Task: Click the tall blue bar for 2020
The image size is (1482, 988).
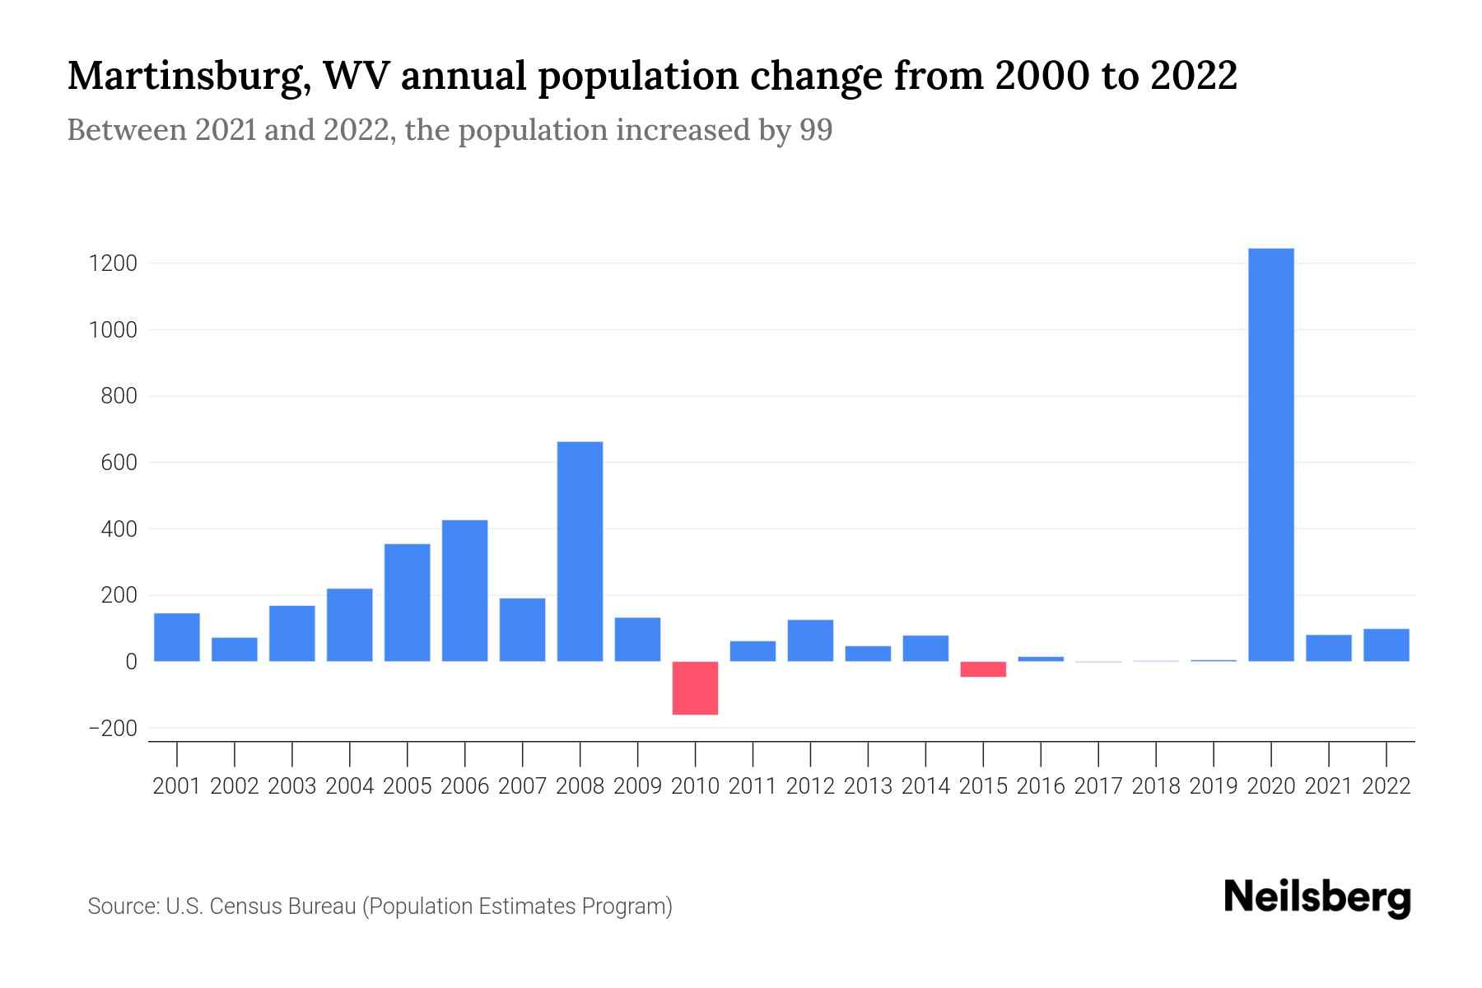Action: point(1270,454)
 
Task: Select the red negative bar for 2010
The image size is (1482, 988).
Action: point(695,687)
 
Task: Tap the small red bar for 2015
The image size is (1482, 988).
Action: point(983,669)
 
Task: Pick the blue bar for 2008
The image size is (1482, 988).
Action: point(580,552)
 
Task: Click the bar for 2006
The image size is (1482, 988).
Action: point(464,590)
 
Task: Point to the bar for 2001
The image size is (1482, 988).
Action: point(177,637)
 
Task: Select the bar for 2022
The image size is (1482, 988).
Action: point(1386,645)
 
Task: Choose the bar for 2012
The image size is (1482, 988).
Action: point(810,641)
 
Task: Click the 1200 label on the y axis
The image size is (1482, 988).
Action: point(114,263)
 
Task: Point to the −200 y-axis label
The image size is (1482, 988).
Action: point(114,729)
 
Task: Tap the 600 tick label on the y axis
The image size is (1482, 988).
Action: point(119,463)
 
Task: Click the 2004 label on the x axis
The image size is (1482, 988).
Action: point(349,786)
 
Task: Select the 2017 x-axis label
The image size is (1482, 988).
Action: point(1098,786)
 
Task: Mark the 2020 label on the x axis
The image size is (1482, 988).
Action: point(1271,786)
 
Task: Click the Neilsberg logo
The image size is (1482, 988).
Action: point(1317,897)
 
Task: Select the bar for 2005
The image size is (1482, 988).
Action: point(407,603)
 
